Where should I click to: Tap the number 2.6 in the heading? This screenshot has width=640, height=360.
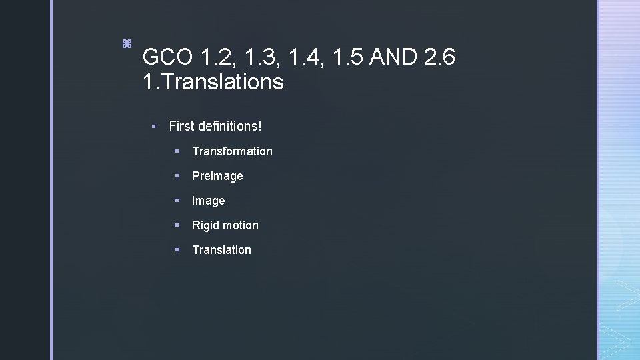439,57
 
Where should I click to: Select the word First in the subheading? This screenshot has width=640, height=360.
181,125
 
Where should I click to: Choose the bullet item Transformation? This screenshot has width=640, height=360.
232,151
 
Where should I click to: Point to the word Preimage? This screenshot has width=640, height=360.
217,176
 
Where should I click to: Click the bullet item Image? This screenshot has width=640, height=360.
209,201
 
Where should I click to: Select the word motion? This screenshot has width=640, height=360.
241,225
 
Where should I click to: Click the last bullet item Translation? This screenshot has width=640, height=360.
221,250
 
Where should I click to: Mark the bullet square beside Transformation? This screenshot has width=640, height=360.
177,151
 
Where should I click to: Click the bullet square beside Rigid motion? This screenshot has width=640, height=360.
177,225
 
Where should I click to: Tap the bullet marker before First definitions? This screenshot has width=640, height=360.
153,125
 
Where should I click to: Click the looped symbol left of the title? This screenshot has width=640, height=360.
126,44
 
